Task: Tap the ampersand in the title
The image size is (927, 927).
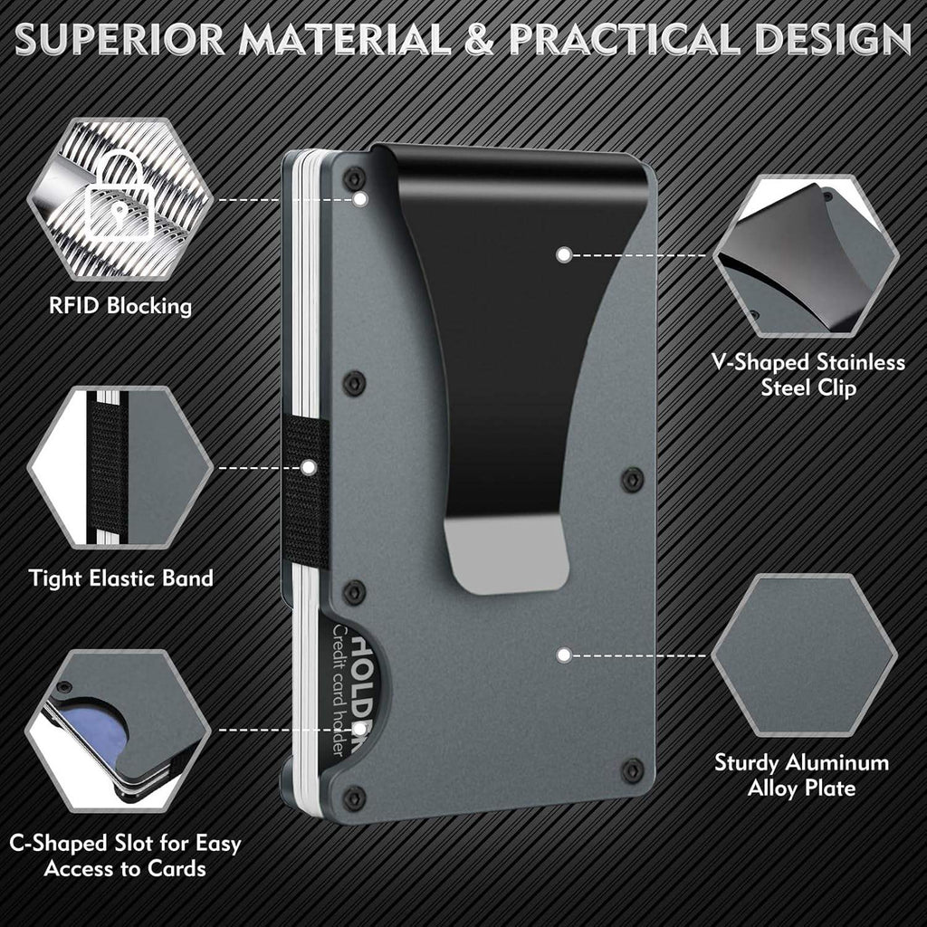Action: tap(478, 41)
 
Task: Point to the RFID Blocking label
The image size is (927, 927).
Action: tap(120, 305)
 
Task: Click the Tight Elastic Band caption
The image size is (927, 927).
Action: tap(120, 577)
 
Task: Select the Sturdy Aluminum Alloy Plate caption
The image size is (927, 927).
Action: tap(802, 775)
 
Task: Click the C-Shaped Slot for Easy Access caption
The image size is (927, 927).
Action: tap(126, 856)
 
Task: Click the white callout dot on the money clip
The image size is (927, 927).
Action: tap(563, 255)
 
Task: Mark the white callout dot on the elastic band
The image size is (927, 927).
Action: tap(309, 467)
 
